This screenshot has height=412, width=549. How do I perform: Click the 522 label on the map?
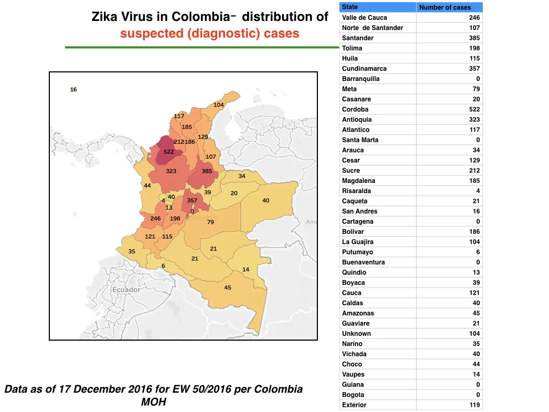pyautogui.click(x=168, y=152)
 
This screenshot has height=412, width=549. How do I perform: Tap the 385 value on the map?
pyautogui.click(x=206, y=171)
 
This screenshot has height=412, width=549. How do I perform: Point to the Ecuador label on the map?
pyautogui.click(x=127, y=290)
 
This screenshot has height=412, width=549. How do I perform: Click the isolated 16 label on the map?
pyautogui.click(x=73, y=90)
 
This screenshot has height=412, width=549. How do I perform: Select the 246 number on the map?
pyautogui.click(x=155, y=218)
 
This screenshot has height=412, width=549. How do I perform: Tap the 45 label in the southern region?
pyautogui.click(x=227, y=288)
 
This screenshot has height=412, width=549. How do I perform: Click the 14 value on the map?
pyautogui.click(x=246, y=269)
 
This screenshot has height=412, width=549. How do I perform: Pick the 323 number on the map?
pyautogui.click(x=171, y=171)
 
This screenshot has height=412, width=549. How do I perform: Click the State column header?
pyautogui.click(x=350, y=7)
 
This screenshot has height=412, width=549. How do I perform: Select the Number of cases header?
pyautogui.click(x=445, y=8)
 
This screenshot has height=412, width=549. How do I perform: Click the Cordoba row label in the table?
pyautogui.click(x=355, y=109)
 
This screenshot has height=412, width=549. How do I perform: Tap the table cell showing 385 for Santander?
pyautogui.click(x=474, y=38)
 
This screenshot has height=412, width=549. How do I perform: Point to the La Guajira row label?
pyautogui.click(x=358, y=242)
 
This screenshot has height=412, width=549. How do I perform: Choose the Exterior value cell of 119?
pyautogui.click(x=474, y=405)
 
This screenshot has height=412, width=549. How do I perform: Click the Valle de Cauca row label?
pyautogui.click(x=365, y=18)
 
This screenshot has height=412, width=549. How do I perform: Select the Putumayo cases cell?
pyautogui.click(x=478, y=252)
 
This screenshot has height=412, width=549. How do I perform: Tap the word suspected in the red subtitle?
pyautogui.click(x=152, y=34)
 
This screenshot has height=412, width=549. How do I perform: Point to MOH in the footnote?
pyautogui.click(x=153, y=402)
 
